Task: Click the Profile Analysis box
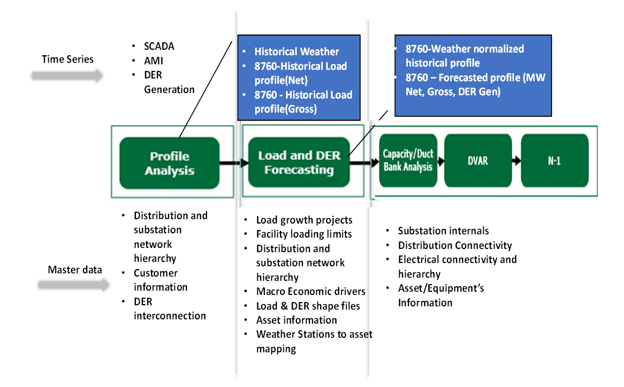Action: click(x=170, y=163)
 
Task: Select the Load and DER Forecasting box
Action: click(x=298, y=162)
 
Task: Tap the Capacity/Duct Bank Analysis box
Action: click(x=408, y=160)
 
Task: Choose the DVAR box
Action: click(x=478, y=161)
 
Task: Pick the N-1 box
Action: click(x=554, y=161)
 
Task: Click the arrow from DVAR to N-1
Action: click(x=516, y=161)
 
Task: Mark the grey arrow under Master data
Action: click(x=74, y=285)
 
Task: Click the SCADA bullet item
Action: click(x=159, y=47)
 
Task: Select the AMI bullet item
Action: click(x=153, y=61)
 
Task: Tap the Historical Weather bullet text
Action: click(x=296, y=52)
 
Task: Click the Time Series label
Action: click(x=68, y=59)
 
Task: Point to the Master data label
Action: click(x=75, y=270)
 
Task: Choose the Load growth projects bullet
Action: click(x=304, y=220)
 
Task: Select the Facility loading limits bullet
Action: click(x=304, y=234)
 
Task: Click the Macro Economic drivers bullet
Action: click(x=310, y=291)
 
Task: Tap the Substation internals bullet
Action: click(x=443, y=231)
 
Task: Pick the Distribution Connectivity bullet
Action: click(x=455, y=245)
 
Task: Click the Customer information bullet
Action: click(x=161, y=280)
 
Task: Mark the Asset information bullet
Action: click(x=296, y=320)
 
